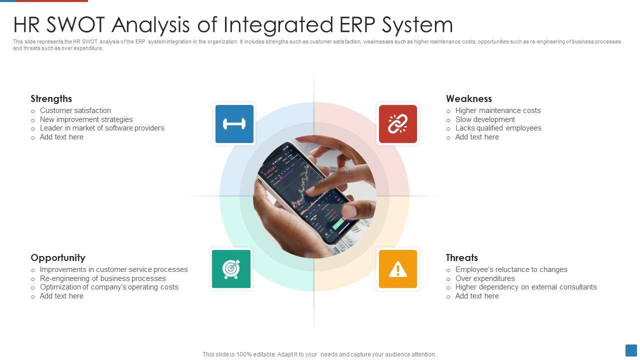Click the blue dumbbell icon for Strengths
234,124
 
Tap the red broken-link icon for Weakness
397,124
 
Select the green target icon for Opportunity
231,269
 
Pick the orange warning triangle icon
397,269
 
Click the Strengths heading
51,98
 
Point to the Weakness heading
468,98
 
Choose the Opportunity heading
57,257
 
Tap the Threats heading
461,257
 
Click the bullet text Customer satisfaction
75,110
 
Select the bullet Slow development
484,119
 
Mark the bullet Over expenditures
484,278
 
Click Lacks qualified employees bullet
498,128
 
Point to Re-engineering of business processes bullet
102,278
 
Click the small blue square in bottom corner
631,350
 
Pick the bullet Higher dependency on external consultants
525,287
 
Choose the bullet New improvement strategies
86,119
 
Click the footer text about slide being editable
319,354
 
